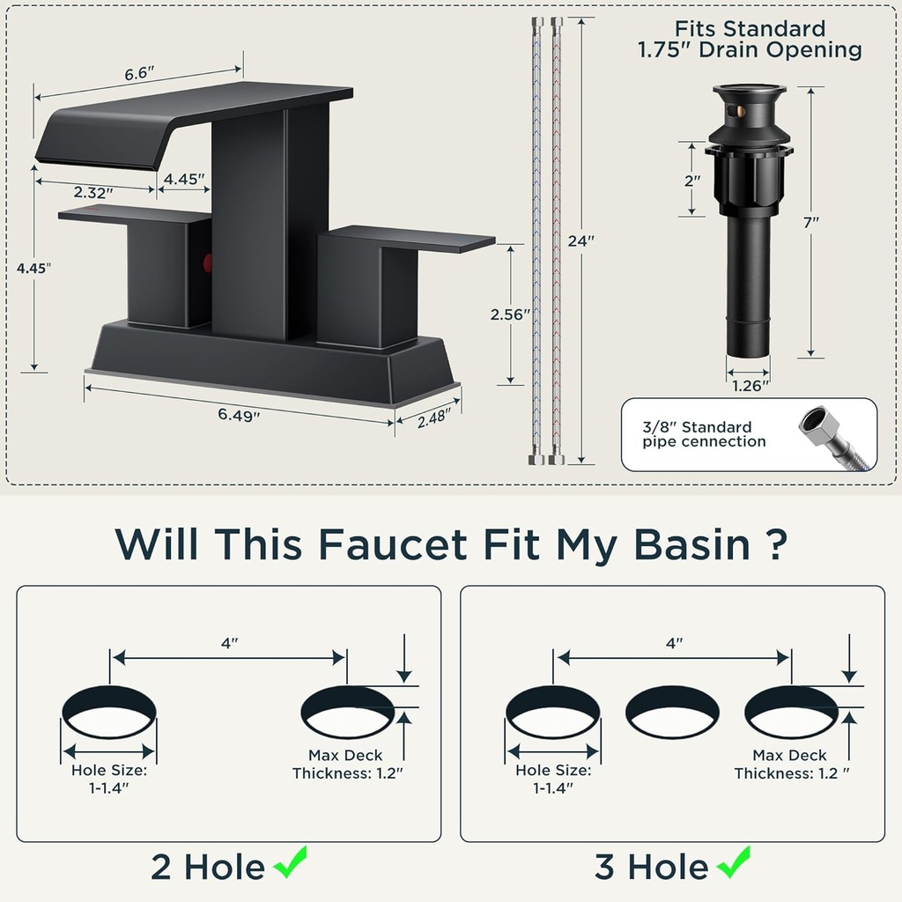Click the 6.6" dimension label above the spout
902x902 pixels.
(x=140, y=75)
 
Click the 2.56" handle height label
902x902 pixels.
(x=512, y=314)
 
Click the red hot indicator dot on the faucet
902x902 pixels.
(x=208, y=262)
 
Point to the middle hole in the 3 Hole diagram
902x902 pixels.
(x=672, y=712)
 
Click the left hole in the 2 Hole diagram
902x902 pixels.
(x=109, y=712)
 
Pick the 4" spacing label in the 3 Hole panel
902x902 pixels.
(x=674, y=644)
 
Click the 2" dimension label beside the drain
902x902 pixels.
(x=692, y=179)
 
